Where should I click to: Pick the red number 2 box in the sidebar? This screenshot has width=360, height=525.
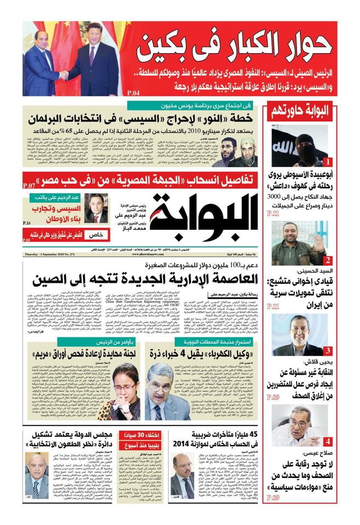327,260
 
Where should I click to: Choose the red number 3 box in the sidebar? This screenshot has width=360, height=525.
327,351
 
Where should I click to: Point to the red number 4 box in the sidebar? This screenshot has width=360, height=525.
327,441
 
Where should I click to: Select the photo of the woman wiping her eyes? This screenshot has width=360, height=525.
118,390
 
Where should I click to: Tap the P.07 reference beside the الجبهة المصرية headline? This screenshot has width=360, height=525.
30,186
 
